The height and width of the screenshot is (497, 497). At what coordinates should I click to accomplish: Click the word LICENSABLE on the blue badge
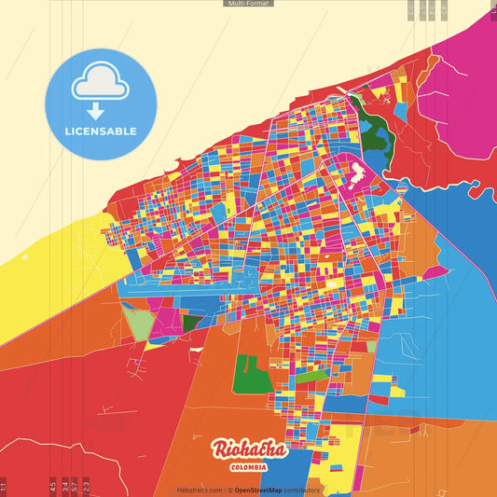pos(101,131)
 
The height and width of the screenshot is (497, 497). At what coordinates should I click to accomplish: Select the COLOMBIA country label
pos(248,466)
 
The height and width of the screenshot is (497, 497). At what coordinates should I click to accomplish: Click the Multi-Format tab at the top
pos(248,4)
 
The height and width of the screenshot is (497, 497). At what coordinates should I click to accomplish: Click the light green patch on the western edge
pos(138,324)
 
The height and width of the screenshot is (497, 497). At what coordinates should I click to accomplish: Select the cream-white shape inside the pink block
pos(356,173)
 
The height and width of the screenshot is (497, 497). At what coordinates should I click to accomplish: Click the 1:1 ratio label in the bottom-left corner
pos(4,486)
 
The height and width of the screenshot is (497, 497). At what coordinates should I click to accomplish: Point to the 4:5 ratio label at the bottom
pos(53,486)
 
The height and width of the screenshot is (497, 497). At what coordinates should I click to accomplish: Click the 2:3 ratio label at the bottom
pos(86,486)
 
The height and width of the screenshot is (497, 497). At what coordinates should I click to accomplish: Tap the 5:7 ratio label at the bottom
pos(75,486)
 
